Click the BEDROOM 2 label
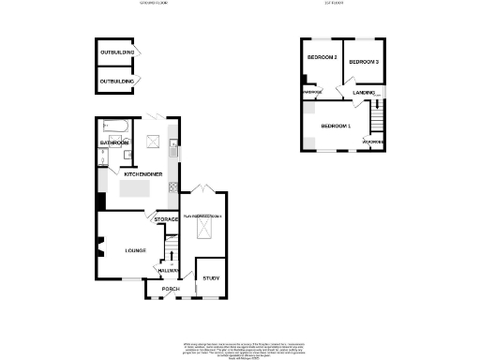322,58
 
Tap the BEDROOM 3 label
363,62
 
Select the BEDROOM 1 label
335,126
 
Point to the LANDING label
364,93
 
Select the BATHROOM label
115,142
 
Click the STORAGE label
167,219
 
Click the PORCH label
171,289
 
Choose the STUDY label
211,278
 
